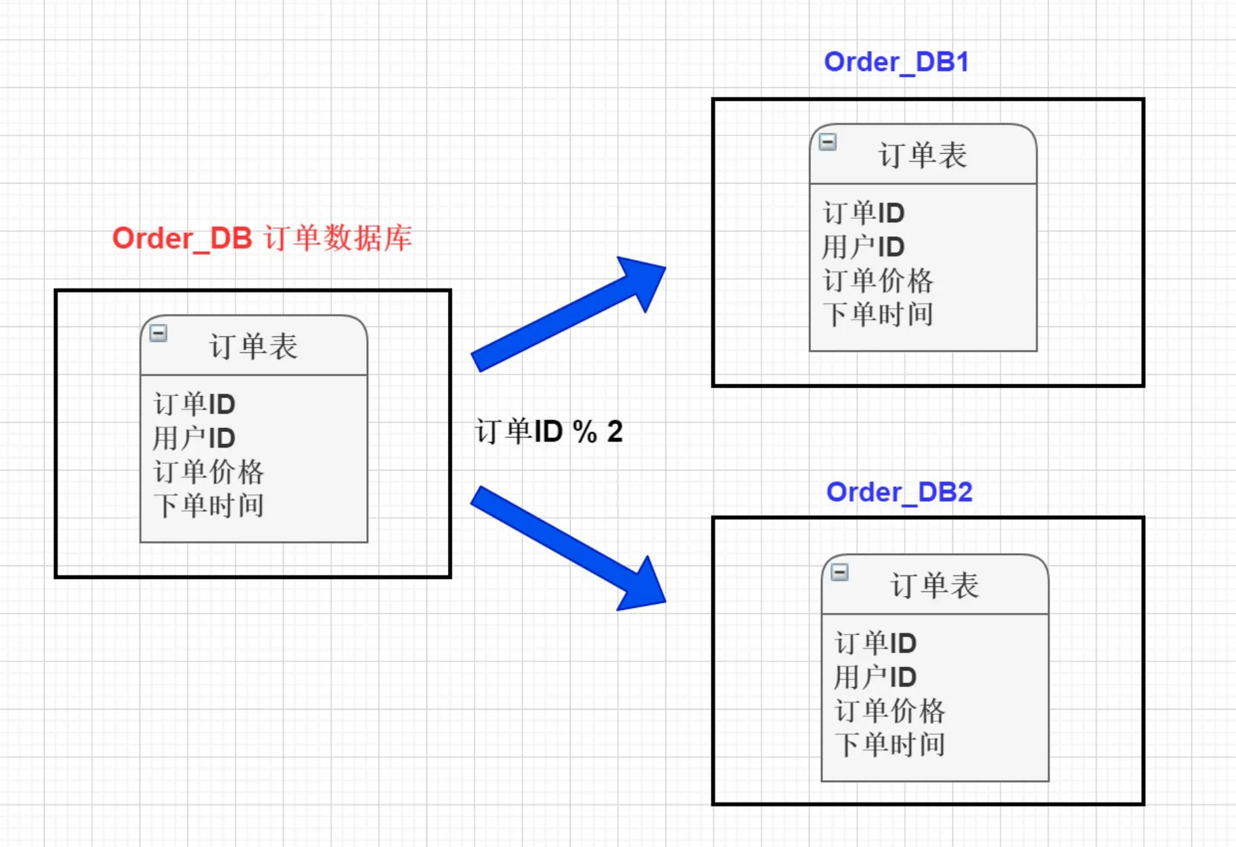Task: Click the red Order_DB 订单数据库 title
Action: (262, 238)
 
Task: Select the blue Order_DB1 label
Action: (896, 62)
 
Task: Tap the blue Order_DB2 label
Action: (899, 492)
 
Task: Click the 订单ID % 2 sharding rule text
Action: (548, 431)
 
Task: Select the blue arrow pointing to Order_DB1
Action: (569, 314)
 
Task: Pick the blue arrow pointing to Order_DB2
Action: (569, 548)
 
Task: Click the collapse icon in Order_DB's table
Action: (158, 333)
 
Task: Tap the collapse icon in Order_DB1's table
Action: (828, 142)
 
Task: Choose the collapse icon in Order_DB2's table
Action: (839, 572)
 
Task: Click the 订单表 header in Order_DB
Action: (254, 347)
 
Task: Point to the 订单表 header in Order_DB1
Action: (923, 155)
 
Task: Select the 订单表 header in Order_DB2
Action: (935, 586)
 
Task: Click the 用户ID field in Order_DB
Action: (194, 438)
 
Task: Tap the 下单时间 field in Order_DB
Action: (208, 506)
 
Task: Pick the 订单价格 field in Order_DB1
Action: (878, 280)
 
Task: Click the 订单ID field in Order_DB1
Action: (864, 213)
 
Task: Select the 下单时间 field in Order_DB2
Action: (889, 745)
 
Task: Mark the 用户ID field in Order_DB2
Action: (875, 677)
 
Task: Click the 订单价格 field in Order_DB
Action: (208, 472)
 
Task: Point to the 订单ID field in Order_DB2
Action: (875, 643)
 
